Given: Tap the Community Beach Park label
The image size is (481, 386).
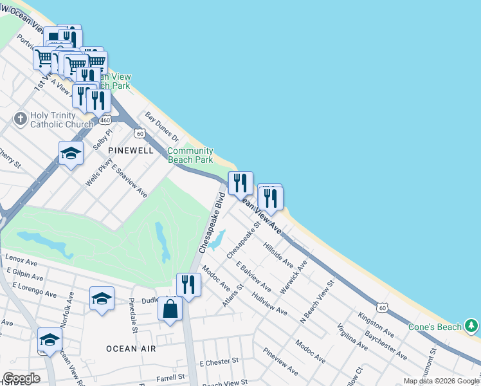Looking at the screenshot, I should [x=190, y=155].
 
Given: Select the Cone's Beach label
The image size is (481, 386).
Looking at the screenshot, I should [x=435, y=327].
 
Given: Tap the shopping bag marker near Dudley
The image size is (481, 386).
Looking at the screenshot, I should [x=170, y=309].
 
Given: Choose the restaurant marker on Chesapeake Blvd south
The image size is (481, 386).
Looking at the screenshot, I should [x=188, y=284].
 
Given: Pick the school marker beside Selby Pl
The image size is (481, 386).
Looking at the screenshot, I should [x=71, y=153].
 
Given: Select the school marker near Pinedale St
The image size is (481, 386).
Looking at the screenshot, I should [x=102, y=299].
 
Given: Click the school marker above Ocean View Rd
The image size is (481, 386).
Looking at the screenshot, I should [x=50, y=339].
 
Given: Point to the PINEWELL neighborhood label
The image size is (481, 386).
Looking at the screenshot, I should [x=131, y=151].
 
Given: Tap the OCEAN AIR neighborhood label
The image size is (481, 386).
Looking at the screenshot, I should [x=131, y=348].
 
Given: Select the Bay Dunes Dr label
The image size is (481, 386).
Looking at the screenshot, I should [x=161, y=126].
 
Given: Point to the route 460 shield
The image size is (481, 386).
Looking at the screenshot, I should [x=106, y=120].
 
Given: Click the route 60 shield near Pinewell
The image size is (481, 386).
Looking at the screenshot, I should [x=139, y=133].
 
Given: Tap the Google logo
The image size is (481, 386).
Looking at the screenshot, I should [x=21, y=378].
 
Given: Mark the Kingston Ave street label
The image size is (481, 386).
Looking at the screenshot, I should [x=376, y=325].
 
